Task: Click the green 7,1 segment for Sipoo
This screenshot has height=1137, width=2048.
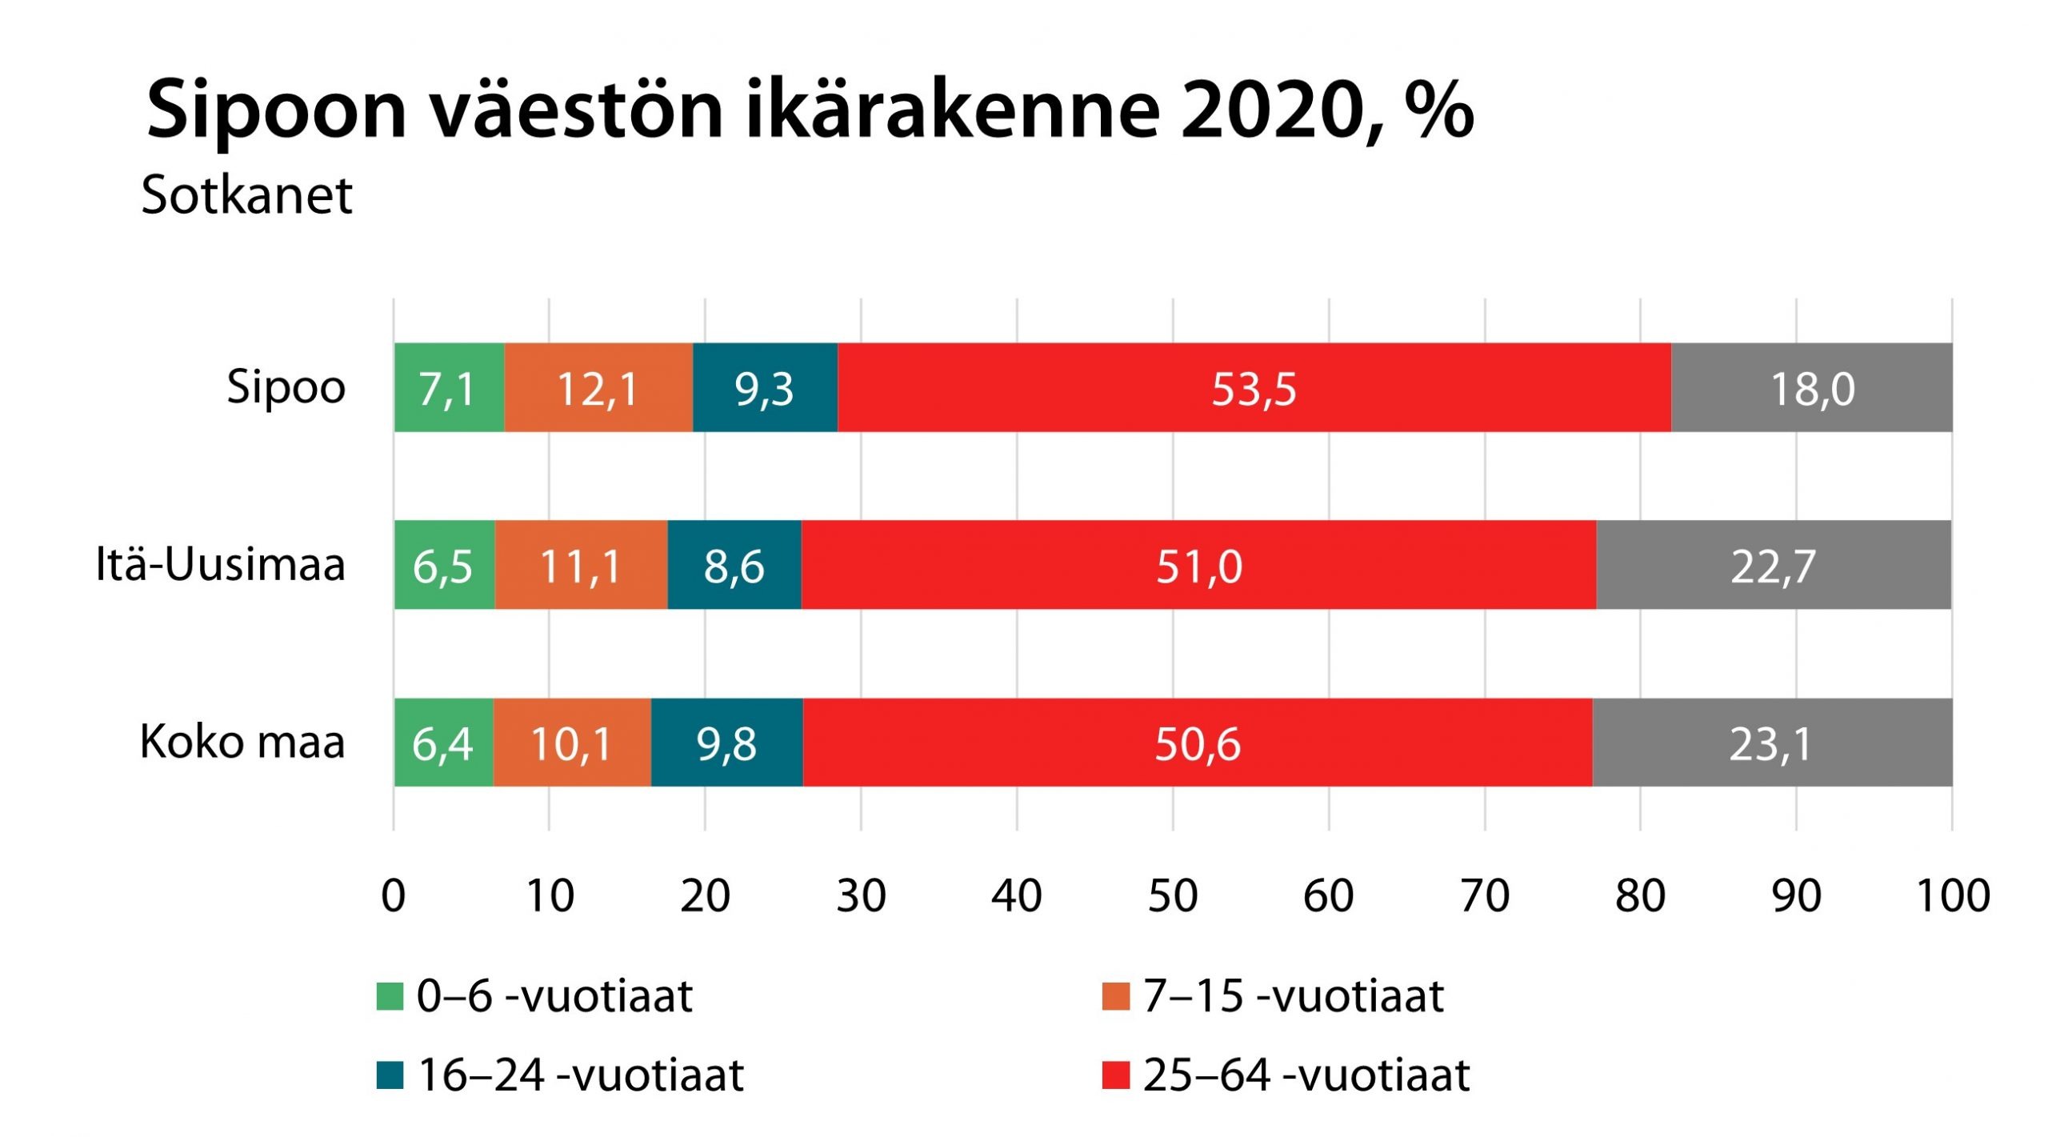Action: pyautogui.click(x=448, y=388)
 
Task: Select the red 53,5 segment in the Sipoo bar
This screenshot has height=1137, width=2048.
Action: pyautogui.click(x=1254, y=388)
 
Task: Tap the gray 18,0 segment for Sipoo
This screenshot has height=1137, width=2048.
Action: pyautogui.click(x=1812, y=388)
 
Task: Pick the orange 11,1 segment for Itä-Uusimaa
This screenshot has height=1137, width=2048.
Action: pyautogui.click(x=581, y=565)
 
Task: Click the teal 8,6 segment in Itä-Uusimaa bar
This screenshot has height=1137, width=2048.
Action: pyautogui.click(x=734, y=565)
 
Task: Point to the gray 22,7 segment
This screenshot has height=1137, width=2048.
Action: pyautogui.click(x=1773, y=565)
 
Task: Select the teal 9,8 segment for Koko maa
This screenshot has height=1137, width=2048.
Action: pyautogui.click(x=726, y=743)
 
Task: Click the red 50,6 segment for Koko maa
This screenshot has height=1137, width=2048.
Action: pyautogui.click(x=1197, y=743)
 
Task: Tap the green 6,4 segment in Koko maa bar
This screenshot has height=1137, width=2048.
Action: pyautogui.click(x=442, y=743)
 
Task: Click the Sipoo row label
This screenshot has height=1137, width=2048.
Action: pyautogui.click(x=286, y=387)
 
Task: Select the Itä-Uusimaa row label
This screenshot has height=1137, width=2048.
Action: pyautogui.click(x=220, y=564)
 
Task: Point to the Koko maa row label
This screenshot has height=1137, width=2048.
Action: pyautogui.click(x=242, y=742)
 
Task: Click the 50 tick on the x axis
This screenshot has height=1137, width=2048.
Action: pyautogui.click(x=1173, y=895)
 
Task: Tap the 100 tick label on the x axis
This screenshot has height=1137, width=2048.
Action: pyautogui.click(x=1953, y=895)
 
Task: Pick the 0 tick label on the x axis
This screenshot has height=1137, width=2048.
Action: pyautogui.click(x=393, y=895)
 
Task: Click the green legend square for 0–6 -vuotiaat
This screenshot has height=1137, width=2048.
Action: pyautogui.click(x=390, y=997)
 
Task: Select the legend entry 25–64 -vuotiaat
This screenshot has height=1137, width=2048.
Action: pyautogui.click(x=1306, y=1075)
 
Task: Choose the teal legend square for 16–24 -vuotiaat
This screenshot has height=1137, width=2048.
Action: pyautogui.click(x=390, y=1075)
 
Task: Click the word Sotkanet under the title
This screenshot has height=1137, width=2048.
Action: pyautogui.click(x=246, y=194)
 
